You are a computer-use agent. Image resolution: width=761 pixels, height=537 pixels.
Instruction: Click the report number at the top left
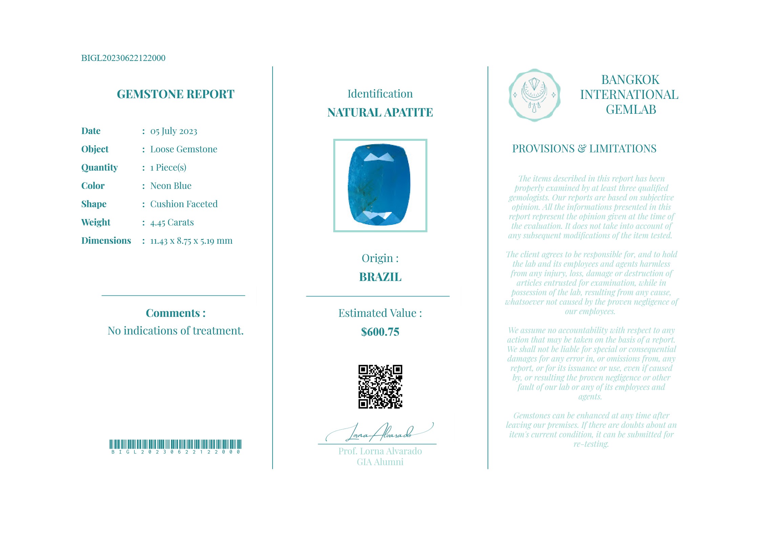click(123, 58)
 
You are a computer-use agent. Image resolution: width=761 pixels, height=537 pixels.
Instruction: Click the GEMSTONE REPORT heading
click(175, 94)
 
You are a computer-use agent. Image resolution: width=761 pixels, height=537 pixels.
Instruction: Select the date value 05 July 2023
click(173, 131)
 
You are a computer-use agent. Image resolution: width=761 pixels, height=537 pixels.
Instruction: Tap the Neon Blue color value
click(171, 186)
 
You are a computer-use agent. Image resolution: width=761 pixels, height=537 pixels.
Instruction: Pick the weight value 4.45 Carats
click(172, 222)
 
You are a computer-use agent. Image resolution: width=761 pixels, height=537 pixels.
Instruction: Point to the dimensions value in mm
click(191, 241)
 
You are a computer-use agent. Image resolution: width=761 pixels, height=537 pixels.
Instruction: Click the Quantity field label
click(99, 168)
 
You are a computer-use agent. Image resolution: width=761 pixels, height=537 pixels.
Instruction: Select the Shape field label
click(94, 204)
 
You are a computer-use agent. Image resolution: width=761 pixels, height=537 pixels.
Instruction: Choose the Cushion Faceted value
click(184, 204)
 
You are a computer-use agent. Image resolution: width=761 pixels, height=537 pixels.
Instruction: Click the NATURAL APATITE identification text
click(380, 112)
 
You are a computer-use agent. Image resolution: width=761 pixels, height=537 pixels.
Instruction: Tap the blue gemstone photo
click(380, 185)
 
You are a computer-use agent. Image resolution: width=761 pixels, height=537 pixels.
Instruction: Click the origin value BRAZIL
click(380, 277)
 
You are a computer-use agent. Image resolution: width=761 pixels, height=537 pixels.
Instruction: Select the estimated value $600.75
click(380, 332)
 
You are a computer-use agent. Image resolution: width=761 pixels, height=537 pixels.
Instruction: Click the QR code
click(380, 386)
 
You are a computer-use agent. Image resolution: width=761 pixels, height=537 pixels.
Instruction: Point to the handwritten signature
click(379, 433)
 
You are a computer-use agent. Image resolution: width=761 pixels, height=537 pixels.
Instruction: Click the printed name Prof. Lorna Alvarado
click(380, 451)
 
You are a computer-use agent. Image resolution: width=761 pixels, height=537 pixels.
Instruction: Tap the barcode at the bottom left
click(175, 445)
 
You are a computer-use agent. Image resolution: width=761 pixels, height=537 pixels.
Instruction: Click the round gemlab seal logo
click(534, 95)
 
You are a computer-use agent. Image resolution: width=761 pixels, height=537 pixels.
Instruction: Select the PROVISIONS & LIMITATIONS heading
click(584, 149)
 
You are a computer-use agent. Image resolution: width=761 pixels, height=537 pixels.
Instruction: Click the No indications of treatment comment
click(175, 331)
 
